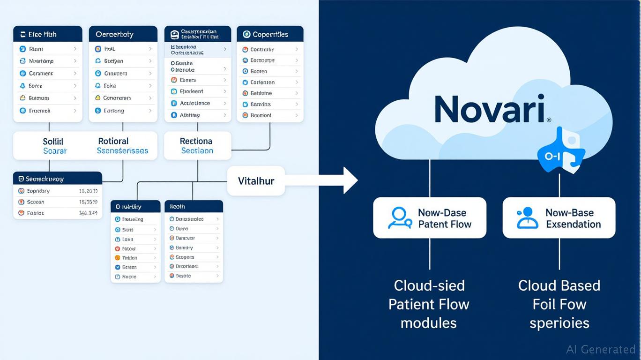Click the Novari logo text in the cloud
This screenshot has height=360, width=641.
tap(490, 109)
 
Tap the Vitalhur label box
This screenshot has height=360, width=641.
tap(256, 181)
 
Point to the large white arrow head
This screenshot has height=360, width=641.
tap(350, 180)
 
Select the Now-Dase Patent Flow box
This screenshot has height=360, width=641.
tap(429, 218)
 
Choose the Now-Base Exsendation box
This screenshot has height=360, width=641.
tap(559, 218)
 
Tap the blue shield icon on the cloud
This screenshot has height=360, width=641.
tap(560, 155)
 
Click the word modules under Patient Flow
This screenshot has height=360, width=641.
tap(428, 323)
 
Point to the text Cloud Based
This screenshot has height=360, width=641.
tap(559, 285)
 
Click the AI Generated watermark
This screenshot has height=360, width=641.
tap(601, 349)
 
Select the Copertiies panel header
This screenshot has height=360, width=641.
tap(270, 34)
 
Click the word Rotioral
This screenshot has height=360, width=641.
tap(113, 141)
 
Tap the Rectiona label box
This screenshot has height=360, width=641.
tap(197, 146)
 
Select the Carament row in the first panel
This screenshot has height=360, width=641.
tap(41, 74)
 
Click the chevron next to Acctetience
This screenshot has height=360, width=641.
tap(225, 103)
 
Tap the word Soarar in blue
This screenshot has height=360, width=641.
tap(55, 151)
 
